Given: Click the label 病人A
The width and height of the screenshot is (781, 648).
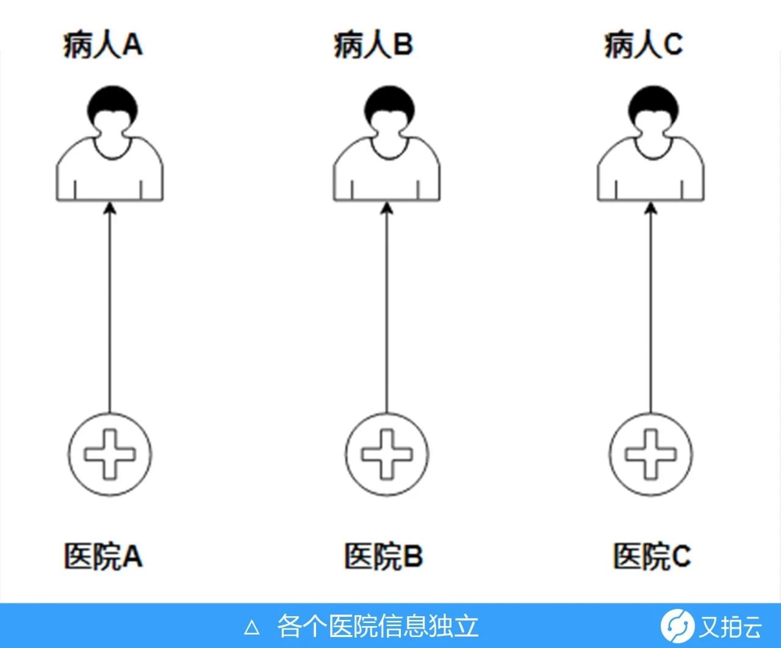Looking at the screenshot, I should coord(103,45).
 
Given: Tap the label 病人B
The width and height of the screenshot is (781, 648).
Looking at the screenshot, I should coord(373,45).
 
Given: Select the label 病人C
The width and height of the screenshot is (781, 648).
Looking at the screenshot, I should coord(643,45).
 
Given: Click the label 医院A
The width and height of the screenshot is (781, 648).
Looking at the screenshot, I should coord(103,556).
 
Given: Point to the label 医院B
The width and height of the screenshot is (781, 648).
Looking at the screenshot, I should coord(383,556).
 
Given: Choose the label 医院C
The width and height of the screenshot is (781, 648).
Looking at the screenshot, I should coord(652,556).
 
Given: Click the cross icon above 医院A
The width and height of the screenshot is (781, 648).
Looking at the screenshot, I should coord(110,454).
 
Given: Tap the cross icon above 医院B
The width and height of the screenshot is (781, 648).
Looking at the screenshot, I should coord(387,454).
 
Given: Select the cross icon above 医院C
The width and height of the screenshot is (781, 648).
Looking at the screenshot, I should coord(651,454).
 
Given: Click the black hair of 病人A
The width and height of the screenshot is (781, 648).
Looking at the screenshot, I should coord(110,101).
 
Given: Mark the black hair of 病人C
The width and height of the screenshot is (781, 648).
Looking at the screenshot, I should coord(652,101).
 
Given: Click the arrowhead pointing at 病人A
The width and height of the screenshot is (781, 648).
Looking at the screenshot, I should coord(110,209).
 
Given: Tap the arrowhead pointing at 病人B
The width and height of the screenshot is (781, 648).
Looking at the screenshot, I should coord(387,209).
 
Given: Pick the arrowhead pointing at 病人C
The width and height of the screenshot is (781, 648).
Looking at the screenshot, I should coord(651,209).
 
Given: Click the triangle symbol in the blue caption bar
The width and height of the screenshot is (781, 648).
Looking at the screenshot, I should coord(252,627).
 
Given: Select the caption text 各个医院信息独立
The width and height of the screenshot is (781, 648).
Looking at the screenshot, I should coord(378,626).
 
